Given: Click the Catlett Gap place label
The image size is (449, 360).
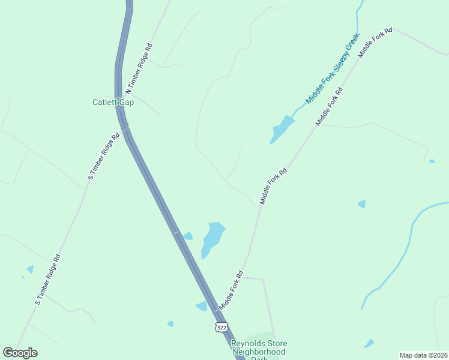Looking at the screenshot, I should [x=113, y=102].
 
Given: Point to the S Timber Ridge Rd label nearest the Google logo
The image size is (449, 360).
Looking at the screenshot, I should [x=48, y=279].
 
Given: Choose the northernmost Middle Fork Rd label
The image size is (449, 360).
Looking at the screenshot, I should [x=375, y=42].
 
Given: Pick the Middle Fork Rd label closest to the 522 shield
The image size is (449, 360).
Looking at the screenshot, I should [x=231, y=290].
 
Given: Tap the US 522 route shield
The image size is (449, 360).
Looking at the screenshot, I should [x=222, y=327].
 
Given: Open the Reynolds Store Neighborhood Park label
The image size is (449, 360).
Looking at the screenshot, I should [x=258, y=351].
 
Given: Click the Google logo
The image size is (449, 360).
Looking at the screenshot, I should [x=20, y=353].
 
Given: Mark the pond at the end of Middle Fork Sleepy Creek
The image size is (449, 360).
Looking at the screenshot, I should [x=282, y=130].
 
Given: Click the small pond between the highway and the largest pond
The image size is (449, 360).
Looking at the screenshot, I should [x=187, y=236].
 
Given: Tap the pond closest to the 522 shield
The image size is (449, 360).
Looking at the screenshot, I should [x=202, y=307].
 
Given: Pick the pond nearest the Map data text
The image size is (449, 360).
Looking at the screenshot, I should [x=369, y=344].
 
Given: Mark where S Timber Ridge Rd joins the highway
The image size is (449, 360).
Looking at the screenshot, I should [x=126, y=129].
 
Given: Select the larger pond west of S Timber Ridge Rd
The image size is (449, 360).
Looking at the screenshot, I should [x=30, y=269].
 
